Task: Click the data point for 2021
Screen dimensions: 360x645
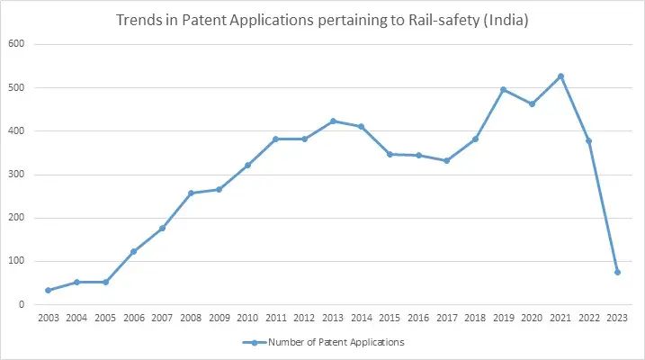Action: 560,76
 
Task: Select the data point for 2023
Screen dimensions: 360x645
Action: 617,272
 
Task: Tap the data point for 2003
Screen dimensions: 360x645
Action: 48,290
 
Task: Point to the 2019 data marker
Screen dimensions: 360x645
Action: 503,90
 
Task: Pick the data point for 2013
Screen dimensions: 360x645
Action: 333,121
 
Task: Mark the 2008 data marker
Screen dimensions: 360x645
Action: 190,193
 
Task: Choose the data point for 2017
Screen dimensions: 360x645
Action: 446,160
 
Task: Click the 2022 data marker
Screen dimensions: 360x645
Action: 588,141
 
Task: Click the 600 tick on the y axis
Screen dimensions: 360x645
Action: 18,44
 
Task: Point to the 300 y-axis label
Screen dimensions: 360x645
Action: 18,175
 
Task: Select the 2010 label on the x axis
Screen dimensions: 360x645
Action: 247,319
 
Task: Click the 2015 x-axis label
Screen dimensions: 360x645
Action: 390,319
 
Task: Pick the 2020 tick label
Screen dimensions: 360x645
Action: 532,319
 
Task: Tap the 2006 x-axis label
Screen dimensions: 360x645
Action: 133,319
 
